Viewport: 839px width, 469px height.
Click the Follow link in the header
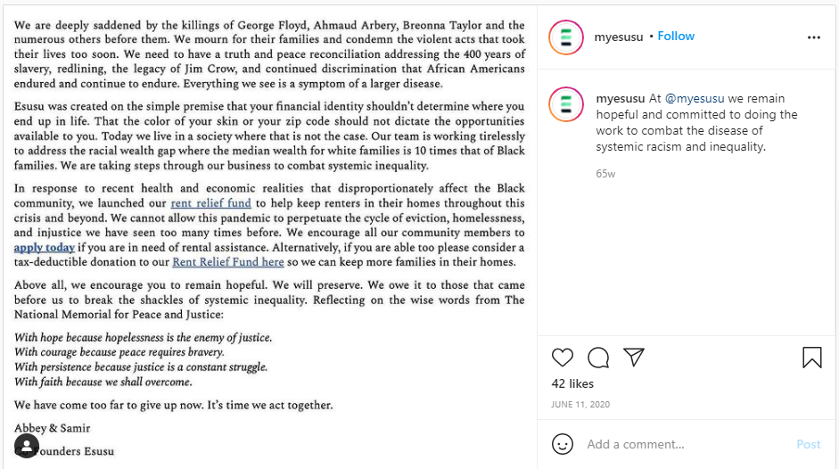[x=676, y=37]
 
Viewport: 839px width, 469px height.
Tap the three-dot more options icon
[x=813, y=37]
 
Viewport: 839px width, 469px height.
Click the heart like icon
[x=563, y=358]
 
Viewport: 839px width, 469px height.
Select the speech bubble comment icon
[x=598, y=358]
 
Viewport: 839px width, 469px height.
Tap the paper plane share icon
[x=634, y=358]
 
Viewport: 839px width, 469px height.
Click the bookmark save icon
[x=811, y=358]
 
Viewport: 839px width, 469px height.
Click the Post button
[x=808, y=444]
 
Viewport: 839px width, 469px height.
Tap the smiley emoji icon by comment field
[x=563, y=444]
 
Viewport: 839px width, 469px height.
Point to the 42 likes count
[x=572, y=383]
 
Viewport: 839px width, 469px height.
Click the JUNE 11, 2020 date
[x=580, y=404]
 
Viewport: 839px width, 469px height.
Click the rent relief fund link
[x=211, y=203]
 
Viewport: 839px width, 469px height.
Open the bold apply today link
[x=45, y=247]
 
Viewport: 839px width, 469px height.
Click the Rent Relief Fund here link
[x=228, y=262]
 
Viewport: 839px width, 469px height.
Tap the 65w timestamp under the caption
[x=605, y=174]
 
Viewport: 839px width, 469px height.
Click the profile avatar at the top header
[x=565, y=37]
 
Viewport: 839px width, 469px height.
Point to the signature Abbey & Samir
[x=53, y=428]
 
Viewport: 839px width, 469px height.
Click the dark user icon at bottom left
[x=27, y=445]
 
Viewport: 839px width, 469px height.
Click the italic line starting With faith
[x=103, y=382]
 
